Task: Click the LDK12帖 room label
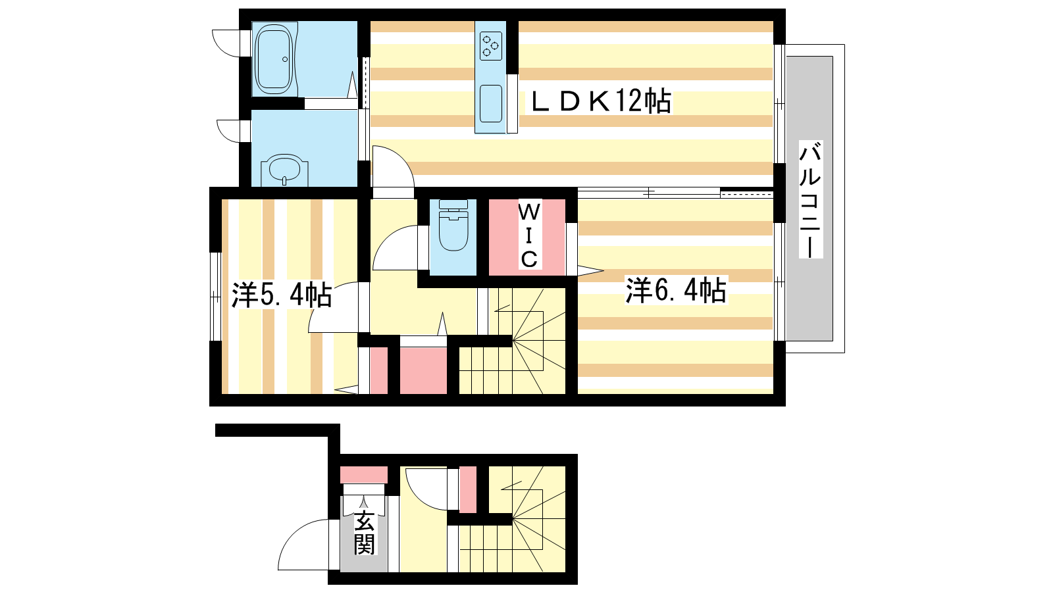pos(601,101)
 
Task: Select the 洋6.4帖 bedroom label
pos(676,290)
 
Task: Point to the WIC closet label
pos(529,235)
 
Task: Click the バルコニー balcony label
pos(810,199)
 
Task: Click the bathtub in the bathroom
pos(275,59)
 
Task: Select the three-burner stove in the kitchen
pos(491,45)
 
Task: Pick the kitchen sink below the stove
pos(491,104)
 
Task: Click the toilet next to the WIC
pos(453,225)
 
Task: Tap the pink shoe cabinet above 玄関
pos(364,475)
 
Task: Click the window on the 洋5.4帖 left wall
pos(215,297)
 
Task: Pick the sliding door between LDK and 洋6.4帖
pos(675,193)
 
